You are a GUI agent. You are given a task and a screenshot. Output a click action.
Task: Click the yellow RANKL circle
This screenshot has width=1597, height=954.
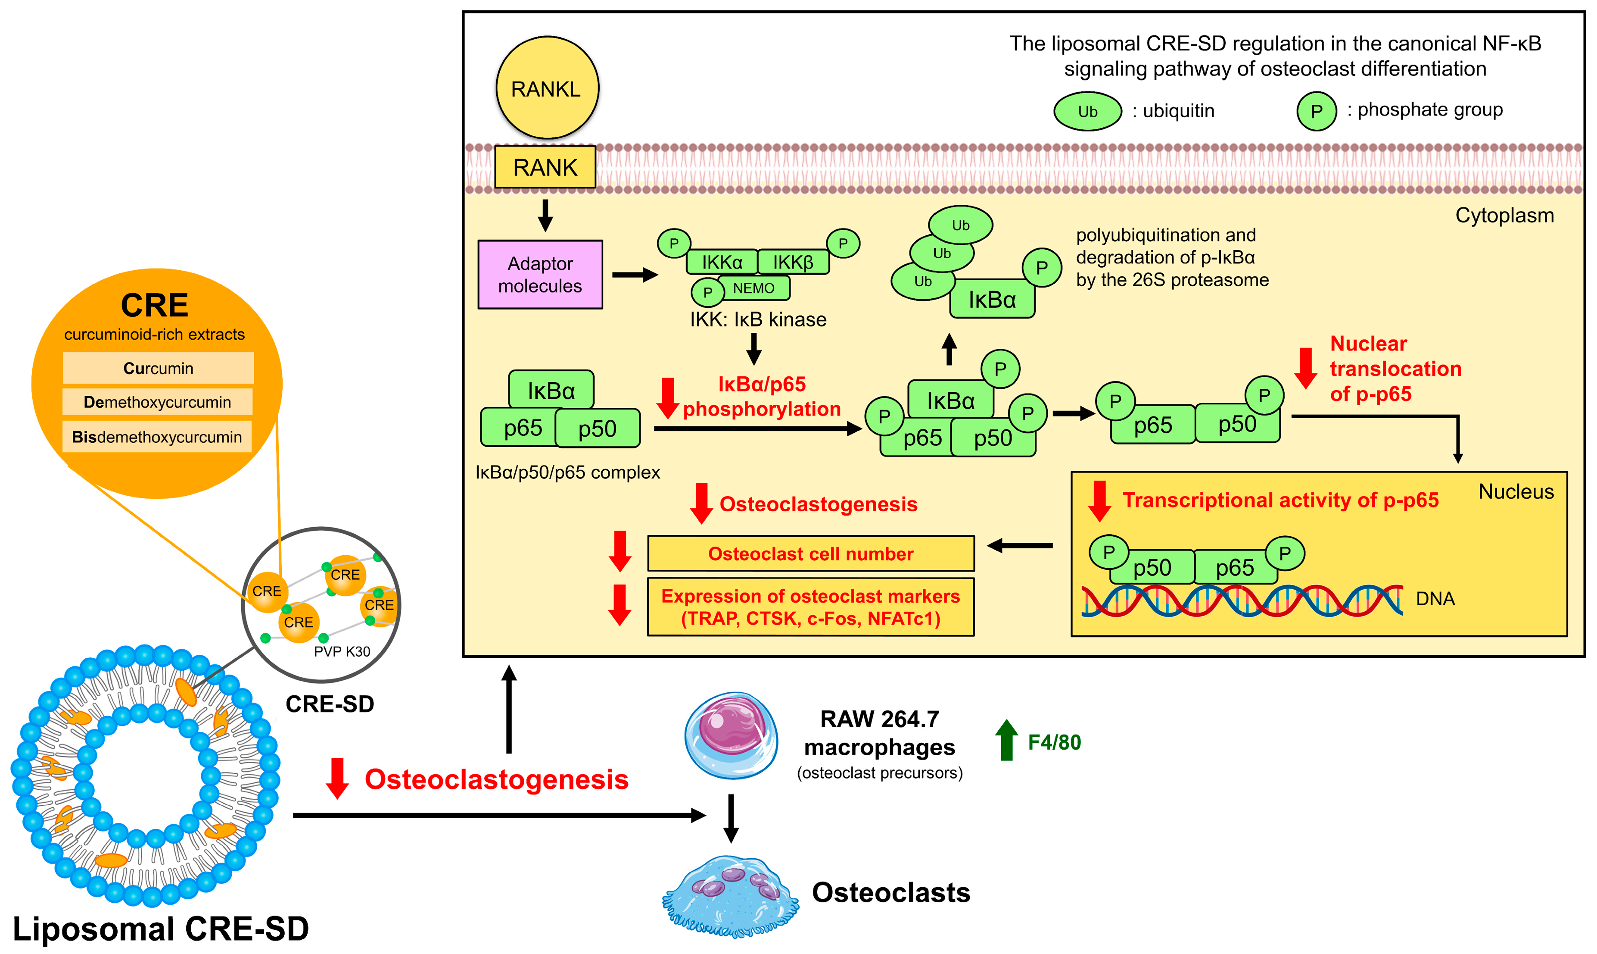[547, 88]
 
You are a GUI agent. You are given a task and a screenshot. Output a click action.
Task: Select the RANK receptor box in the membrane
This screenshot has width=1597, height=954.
[545, 167]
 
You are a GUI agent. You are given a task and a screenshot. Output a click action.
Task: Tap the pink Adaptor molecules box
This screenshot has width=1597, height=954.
[540, 275]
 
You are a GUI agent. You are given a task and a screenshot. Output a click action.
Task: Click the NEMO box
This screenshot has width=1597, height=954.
[753, 288]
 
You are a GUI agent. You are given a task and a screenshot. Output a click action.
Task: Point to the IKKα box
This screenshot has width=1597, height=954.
[722, 262]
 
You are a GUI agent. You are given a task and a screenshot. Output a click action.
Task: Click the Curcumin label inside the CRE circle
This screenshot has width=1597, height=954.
[158, 368]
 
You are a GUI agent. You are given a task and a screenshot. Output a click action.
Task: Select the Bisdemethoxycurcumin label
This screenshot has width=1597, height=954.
[157, 437]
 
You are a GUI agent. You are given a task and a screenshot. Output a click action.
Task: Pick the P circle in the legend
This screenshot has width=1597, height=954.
[1316, 111]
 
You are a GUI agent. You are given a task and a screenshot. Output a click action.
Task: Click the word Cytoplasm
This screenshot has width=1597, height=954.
[1504, 216]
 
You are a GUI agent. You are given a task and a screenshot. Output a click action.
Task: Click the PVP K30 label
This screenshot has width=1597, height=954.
[342, 651]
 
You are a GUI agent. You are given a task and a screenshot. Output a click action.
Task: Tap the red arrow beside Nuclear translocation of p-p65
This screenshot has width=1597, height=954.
[1305, 368]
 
